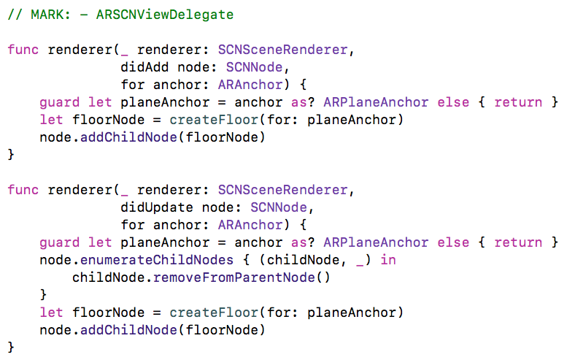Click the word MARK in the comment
[x=47, y=15]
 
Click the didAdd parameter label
[x=141, y=67]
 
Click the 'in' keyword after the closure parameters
[x=388, y=260]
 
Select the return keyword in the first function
[x=518, y=102]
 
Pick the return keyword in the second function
[x=518, y=242]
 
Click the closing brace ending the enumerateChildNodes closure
[x=44, y=295]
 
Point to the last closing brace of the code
[x=11, y=348]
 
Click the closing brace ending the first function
[x=11, y=155]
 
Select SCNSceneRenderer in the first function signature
[x=286, y=50]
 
